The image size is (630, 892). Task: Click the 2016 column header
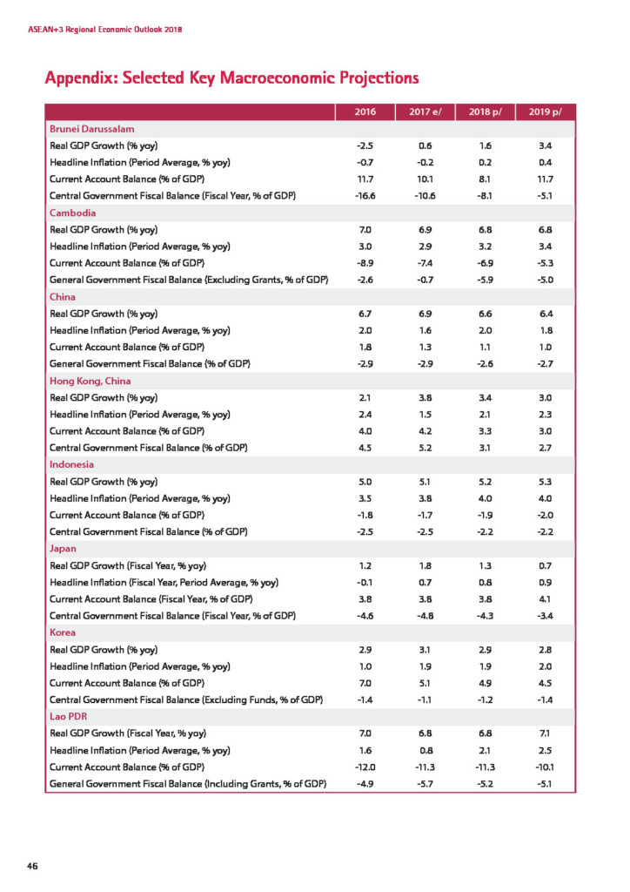tap(365, 111)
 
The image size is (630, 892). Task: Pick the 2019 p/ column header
tap(546, 111)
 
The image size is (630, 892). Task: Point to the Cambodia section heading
tap(72, 213)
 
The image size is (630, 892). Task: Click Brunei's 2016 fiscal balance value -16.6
tap(365, 196)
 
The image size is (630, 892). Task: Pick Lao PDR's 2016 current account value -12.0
tap(365, 767)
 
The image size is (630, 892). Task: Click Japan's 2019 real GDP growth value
tap(546, 564)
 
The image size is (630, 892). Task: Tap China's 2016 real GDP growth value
tap(365, 314)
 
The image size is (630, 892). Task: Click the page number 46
tap(33, 865)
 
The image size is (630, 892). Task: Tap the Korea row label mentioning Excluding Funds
tap(187, 699)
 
